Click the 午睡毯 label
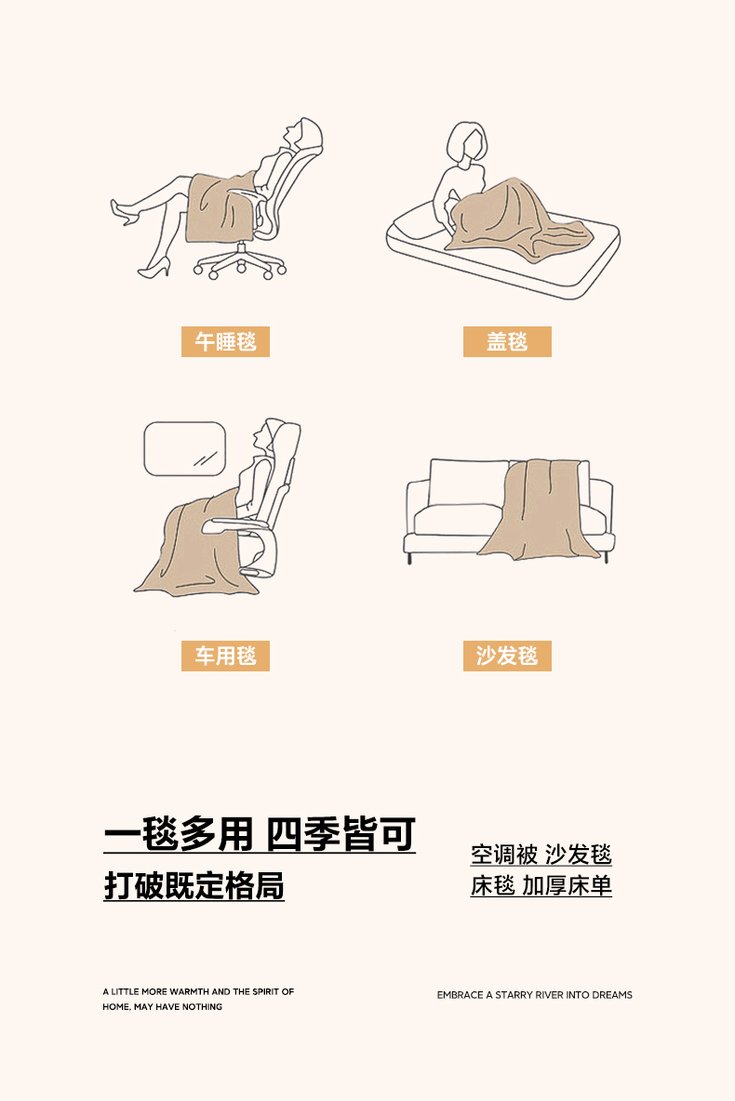225,342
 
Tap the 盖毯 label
507,342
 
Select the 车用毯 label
225,656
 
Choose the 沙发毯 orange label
507,656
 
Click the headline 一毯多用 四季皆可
260,834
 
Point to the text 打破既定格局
194,885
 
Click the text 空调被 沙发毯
541,855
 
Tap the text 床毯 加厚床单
541,885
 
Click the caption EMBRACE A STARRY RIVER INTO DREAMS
535,995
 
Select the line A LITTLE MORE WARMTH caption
198,991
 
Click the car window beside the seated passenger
185,449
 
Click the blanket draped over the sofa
540,510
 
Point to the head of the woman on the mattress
466,145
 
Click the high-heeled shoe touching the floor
154,269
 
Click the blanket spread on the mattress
512,218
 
